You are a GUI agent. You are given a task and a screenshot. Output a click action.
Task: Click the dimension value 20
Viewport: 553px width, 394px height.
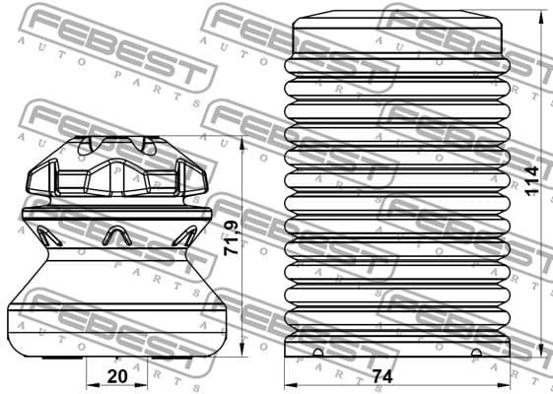116,375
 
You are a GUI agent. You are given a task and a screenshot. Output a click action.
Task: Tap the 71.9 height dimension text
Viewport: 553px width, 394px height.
231,238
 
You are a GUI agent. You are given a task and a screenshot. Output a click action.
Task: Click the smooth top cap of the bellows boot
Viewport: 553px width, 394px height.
398,35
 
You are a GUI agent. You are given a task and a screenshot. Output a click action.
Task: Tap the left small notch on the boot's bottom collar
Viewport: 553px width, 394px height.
317,354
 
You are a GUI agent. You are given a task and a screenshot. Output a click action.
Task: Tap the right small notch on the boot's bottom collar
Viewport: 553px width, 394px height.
476,354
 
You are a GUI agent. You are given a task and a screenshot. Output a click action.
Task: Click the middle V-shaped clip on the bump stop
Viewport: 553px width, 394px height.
116,234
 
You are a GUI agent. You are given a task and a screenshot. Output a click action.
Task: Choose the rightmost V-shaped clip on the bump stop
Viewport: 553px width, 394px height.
184,235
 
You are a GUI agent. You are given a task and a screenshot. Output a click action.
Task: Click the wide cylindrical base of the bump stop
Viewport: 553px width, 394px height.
116,325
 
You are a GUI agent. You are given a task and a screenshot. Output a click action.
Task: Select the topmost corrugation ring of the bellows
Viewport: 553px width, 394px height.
398,68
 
